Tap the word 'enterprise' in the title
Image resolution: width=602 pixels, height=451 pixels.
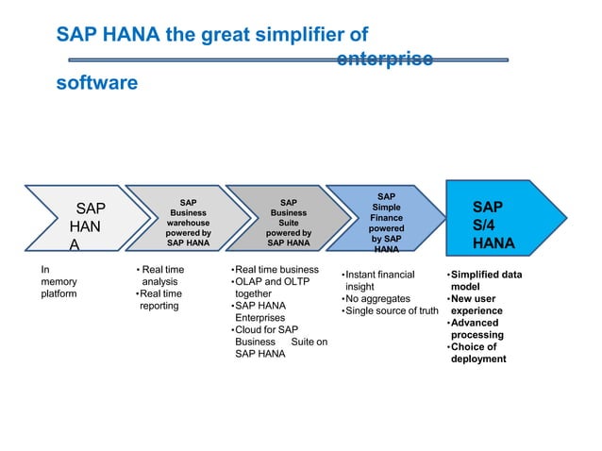tap(385, 58)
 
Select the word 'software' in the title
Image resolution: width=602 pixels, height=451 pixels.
tap(96, 83)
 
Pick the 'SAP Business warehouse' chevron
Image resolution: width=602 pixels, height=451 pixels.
tap(188, 223)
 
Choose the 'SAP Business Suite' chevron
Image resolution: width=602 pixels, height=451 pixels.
tap(288, 223)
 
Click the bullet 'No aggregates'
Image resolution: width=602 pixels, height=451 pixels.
tap(377, 299)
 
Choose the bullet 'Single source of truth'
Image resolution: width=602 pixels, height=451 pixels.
tap(392, 311)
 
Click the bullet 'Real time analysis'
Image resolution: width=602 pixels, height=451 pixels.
tap(161, 276)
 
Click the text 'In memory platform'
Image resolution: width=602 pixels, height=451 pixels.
tap(59, 281)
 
